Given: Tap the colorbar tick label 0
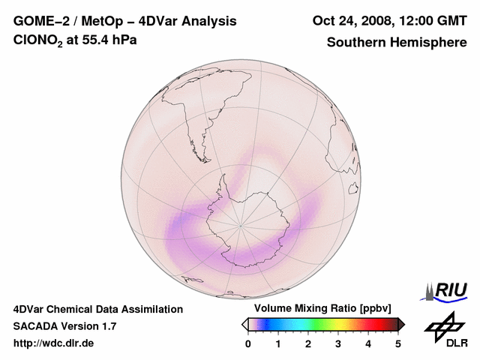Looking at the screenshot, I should click(x=248, y=343).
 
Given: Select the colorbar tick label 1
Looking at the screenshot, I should click(x=278, y=343).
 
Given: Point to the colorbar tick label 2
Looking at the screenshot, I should click(x=308, y=343).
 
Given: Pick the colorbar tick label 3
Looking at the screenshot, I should click(x=338, y=343).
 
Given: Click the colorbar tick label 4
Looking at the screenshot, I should click(x=368, y=343).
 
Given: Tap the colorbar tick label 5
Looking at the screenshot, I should click(x=398, y=343).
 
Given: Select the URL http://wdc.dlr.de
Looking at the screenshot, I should click(x=54, y=343).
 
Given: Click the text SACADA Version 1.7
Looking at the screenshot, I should click(x=64, y=326).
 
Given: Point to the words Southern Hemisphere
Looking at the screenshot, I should click(x=396, y=42).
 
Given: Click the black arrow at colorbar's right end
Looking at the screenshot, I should click(x=401, y=324).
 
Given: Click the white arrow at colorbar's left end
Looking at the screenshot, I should click(x=244, y=324).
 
